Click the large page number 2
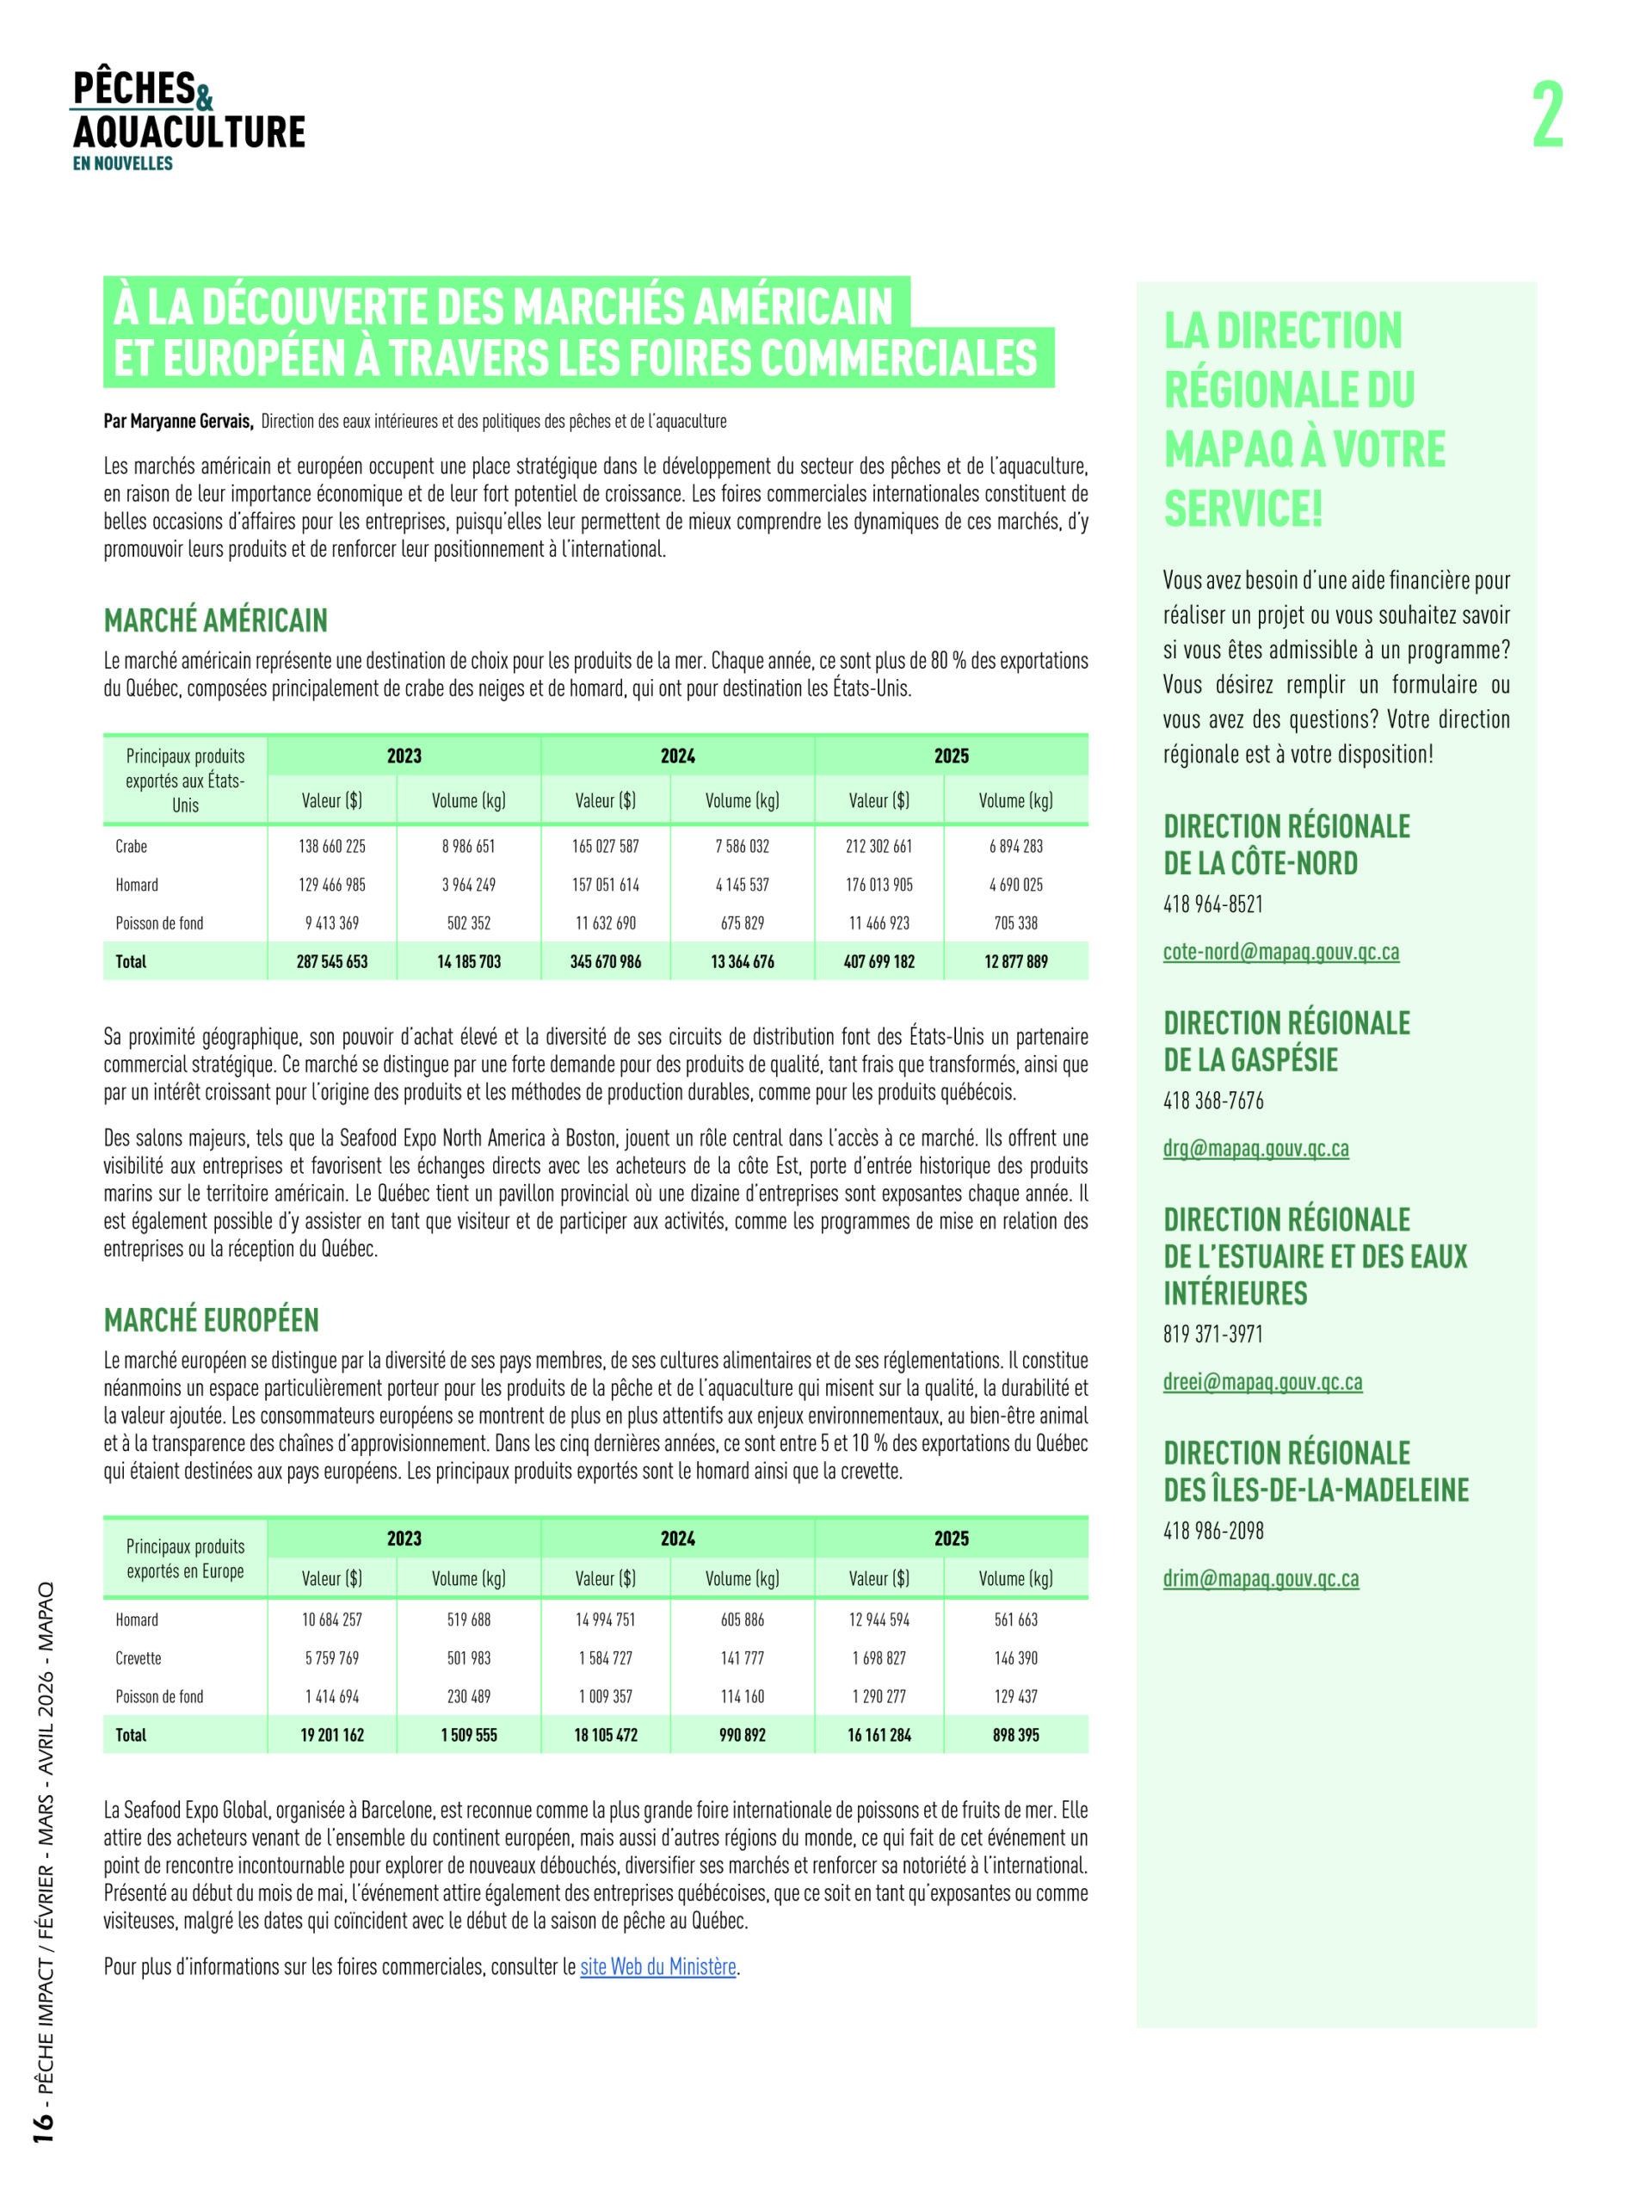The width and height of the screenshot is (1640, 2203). click(1547, 115)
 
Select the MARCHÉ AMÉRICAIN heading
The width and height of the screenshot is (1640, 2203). click(215, 620)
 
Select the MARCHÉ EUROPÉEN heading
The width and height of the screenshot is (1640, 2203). click(212, 1319)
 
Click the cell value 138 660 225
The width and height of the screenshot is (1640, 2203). click(331, 846)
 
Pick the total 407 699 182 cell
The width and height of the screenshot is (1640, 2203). click(879, 961)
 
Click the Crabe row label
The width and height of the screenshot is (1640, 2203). click(131, 846)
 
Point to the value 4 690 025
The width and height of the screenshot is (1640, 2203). click(1015, 885)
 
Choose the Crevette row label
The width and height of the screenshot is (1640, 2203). click(138, 1658)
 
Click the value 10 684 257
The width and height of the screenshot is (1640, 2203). click(331, 1620)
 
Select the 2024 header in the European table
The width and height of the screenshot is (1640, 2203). click(678, 1538)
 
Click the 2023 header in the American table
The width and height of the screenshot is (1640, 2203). click(404, 756)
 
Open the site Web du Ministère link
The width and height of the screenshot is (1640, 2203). click(658, 1965)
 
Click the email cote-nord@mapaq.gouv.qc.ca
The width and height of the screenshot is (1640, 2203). click(1280, 951)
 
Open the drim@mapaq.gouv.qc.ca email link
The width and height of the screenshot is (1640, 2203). click(1261, 1577)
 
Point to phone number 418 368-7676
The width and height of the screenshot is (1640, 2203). click(1213, 1100)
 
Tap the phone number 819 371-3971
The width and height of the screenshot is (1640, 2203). click(1213, 1333)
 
